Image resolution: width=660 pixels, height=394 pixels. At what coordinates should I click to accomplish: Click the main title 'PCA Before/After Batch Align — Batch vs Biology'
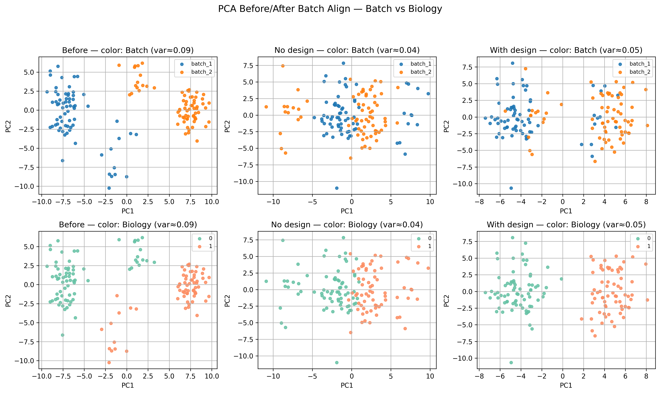330,9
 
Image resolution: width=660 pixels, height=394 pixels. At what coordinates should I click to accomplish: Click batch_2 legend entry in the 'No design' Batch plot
421,72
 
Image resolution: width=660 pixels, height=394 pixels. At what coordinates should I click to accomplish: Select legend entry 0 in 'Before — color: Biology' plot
210,238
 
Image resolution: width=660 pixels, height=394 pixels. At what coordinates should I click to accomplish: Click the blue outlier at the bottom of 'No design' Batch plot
337,188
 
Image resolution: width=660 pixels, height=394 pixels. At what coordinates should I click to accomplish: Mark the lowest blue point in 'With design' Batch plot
511,188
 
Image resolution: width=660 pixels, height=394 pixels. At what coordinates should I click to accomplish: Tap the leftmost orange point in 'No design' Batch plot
266,107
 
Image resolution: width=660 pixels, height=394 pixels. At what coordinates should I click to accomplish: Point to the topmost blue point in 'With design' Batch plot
513,63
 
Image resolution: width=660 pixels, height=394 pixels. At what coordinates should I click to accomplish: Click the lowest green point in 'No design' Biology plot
337,362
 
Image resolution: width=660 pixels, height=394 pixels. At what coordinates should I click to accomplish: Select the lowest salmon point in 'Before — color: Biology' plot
109,362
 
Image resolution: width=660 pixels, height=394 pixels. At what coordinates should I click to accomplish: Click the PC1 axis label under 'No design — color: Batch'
347,211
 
